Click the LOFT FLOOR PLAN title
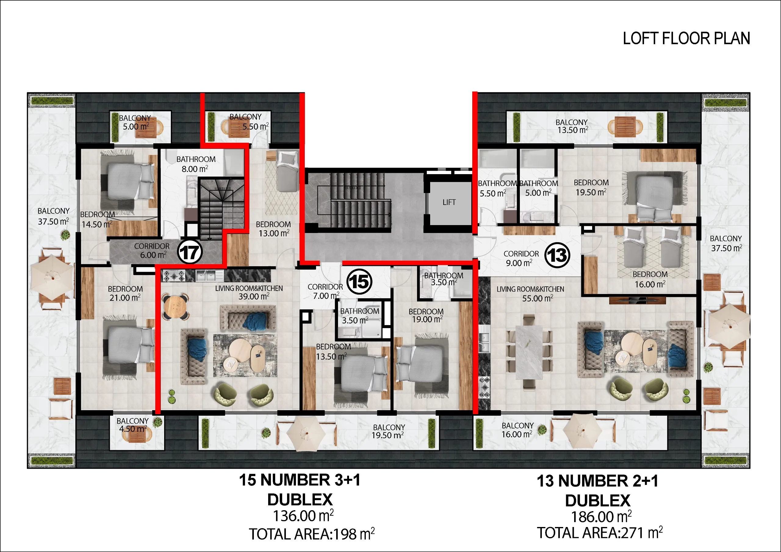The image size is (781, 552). (x=686, y=38)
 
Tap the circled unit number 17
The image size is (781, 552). (x=190, y=252)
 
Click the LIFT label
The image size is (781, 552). (x=449, y=203)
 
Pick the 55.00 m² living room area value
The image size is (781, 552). (x=538, y=298)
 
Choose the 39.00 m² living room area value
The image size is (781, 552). (x=254, y=296)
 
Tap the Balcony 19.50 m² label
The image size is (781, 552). (x=388, y=431)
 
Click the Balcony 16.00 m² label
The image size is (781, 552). (x=517, y=430)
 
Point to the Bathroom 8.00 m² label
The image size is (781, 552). (x=196, y=164)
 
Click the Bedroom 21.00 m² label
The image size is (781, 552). (x=125, y=293)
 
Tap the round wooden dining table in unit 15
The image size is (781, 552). (x=175, y=307)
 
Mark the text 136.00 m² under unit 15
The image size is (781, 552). (x=303, y=516)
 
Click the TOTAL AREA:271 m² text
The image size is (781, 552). (x=600, y=532)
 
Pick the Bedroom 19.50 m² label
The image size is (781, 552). (x=591, y=187)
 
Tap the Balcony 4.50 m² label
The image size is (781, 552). (x=132, y=425)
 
